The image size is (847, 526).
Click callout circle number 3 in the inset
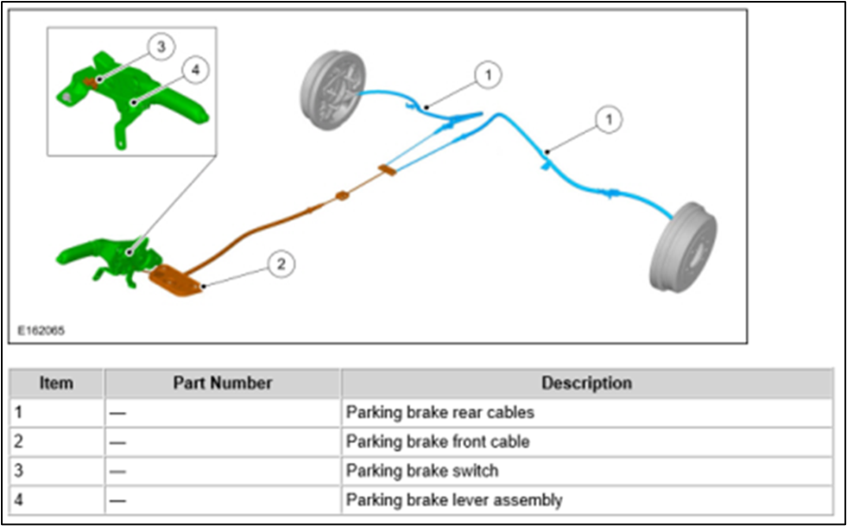coord(159,48)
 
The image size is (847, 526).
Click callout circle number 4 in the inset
coord(195,71)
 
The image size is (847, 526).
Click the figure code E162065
coord(41,330)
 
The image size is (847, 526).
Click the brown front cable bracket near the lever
coord(176,281)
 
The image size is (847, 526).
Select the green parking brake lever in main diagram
coord(104,254)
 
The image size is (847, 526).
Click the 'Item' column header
coord(56,383)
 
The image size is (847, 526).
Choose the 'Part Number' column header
coord(222,383)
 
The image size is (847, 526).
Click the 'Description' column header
coord(586,383)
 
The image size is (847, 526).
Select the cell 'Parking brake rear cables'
coord(440,413)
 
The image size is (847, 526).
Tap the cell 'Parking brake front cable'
coord(438,442)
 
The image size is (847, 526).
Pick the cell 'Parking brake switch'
coord(422,471)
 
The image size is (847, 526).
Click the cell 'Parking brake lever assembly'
coord(454,500)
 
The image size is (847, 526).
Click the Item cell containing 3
coord(19,471)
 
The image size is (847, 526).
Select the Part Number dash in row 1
coord(117,413)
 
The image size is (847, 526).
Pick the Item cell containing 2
coord(19,442)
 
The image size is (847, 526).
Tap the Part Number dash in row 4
coord(117,500)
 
